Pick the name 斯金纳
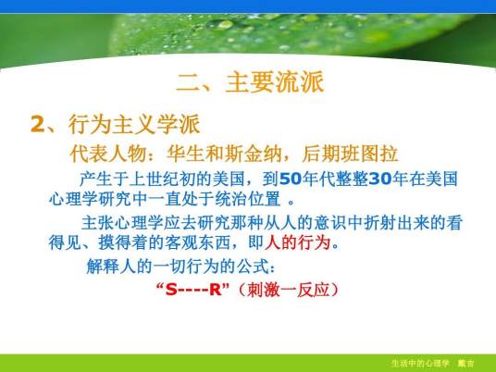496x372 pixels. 242,152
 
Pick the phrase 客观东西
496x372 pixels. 211,245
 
